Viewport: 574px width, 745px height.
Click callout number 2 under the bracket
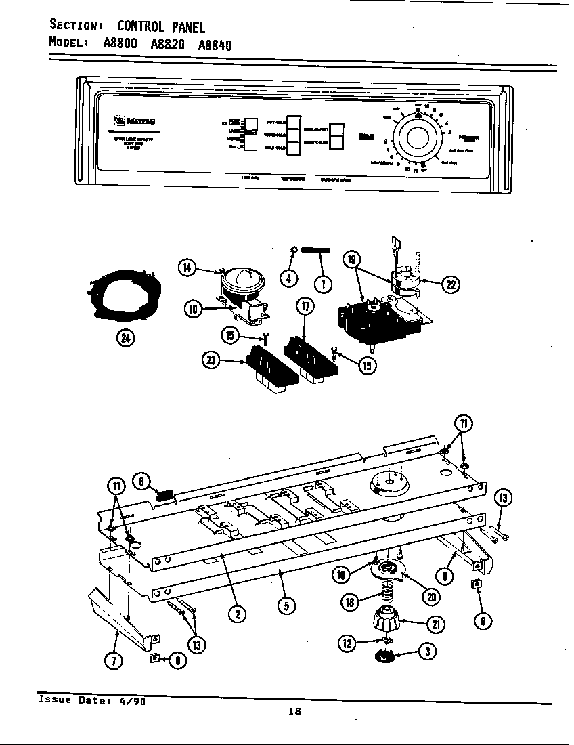coord(237,614)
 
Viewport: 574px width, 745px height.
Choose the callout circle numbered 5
coord(286,606)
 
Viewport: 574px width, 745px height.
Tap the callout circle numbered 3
coord(427,652)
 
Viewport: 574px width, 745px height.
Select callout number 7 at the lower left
coord(115,661)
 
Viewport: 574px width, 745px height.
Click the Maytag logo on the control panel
coord(135,121)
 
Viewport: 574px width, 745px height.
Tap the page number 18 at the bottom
coord(294,710)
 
